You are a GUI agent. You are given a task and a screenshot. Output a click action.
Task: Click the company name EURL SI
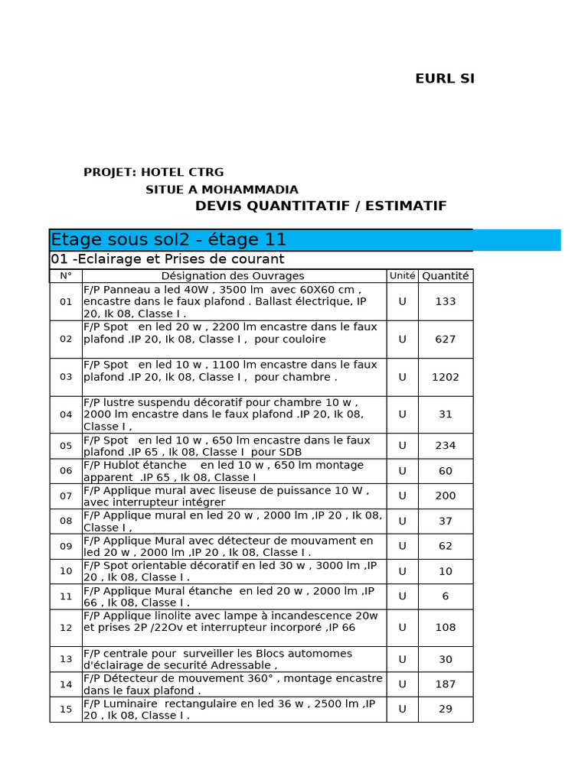[x=444, y=79]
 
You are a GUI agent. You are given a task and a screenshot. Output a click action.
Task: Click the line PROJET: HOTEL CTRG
[x=153, y=173]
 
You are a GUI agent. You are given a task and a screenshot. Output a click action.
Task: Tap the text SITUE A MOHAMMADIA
[x=222, y=190]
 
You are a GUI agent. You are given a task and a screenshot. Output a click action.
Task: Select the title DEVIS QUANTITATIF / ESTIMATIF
[x=321, y=206]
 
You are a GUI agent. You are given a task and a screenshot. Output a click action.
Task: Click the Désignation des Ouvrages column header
[x=233, y=276]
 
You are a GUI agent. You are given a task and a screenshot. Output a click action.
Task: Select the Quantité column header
[x=445, y=276]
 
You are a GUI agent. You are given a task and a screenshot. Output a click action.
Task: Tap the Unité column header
[x=402, y=276]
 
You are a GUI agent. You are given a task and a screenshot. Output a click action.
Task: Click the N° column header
[x=66, y=276]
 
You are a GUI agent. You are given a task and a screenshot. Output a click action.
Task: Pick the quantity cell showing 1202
[x=445, y=377]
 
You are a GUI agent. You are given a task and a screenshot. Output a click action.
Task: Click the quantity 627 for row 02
[x=445, y=340]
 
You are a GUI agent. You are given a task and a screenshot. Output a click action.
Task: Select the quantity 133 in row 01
[x=445, y=302]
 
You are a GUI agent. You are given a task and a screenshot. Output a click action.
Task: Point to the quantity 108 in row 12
[x=445, y=628]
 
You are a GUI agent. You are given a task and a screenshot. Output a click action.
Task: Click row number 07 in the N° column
[x=66, y=496]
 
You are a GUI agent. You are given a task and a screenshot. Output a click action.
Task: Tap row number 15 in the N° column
[x=66, y=710]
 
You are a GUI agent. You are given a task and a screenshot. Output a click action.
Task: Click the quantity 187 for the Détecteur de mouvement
[x=445, y=684]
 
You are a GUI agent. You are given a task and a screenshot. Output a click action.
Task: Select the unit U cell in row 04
[x=402, y=414]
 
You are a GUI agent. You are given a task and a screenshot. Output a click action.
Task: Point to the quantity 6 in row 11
[x=445, y=596]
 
